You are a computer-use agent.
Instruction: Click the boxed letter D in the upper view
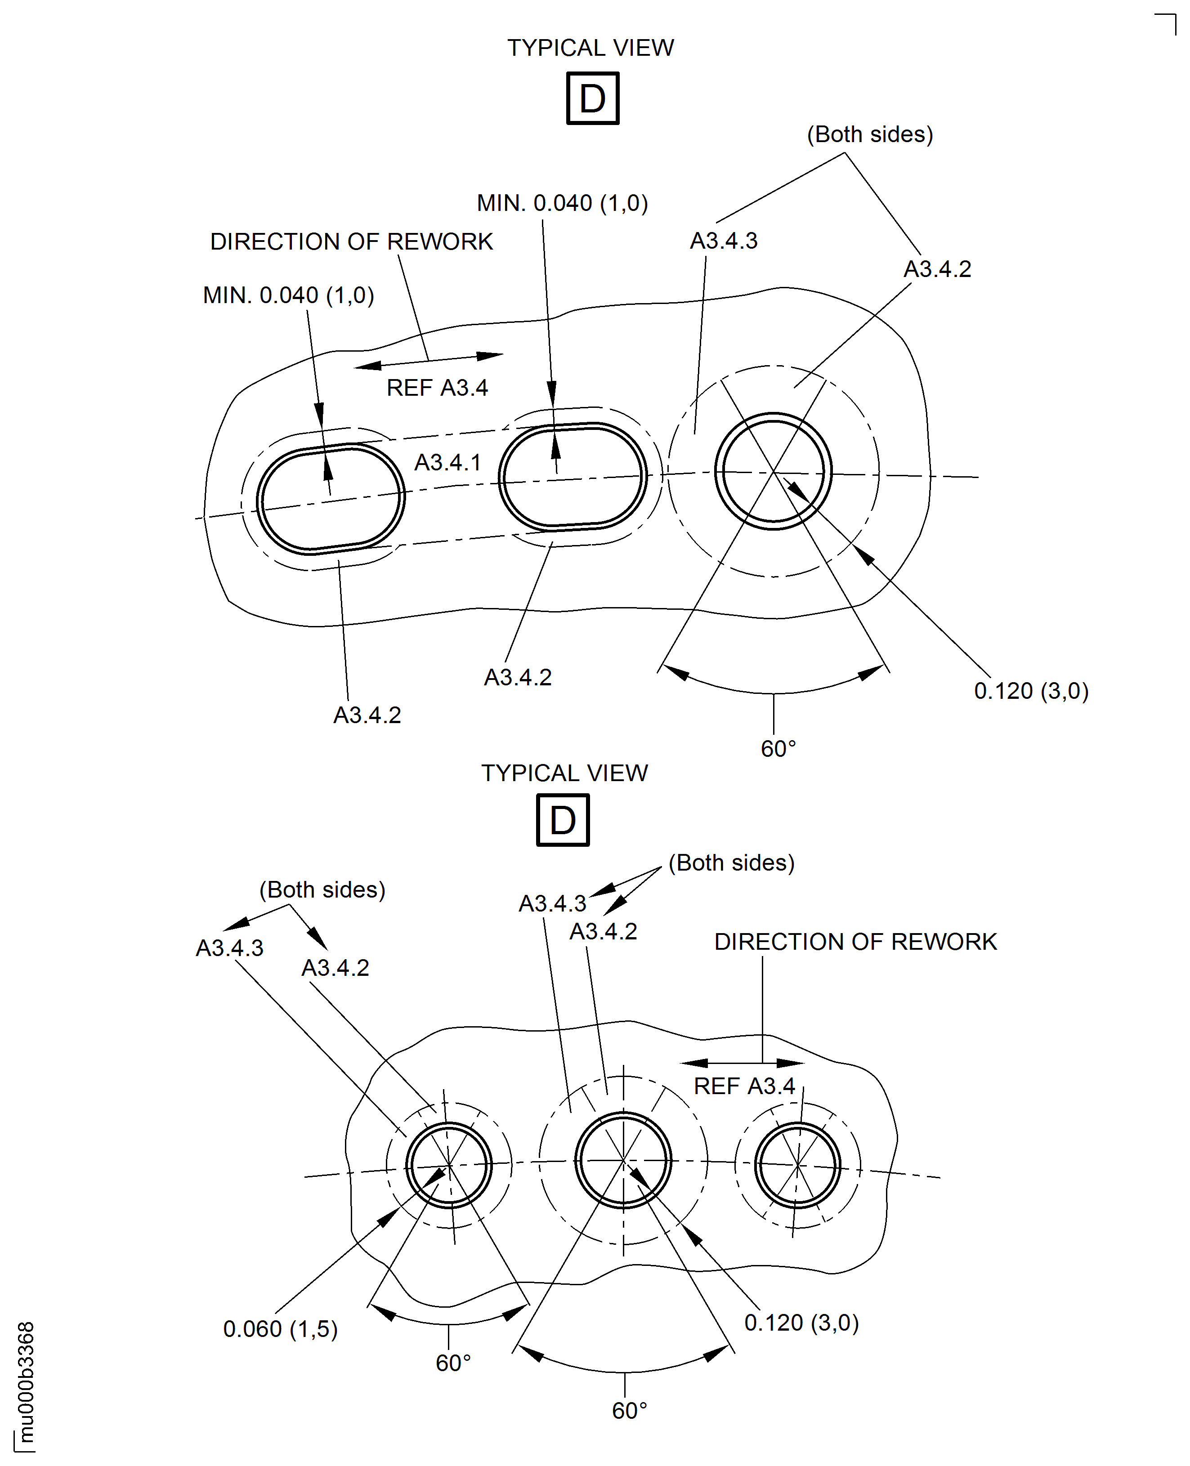tap(592, 98)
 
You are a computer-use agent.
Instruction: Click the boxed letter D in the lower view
tap(562, 820)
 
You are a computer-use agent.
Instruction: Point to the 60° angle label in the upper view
tap(778, 748)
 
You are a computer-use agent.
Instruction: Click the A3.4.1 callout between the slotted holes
tap(447, 463)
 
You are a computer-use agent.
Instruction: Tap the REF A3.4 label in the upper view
tap(437, 388)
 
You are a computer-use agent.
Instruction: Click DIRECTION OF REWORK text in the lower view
tap(855, 942)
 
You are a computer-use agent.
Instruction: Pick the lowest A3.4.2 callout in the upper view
tap(367, 715)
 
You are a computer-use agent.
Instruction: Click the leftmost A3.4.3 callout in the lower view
tap(230, 948)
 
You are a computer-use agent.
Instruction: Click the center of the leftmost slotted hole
tap(331, 499)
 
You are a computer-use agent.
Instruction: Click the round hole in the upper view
tap(773, 472)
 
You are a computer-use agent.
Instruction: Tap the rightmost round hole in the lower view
tap(797, 1165)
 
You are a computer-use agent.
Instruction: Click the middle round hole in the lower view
tap(622, 1160)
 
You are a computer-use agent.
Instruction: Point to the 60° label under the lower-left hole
tap(453, 1363)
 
